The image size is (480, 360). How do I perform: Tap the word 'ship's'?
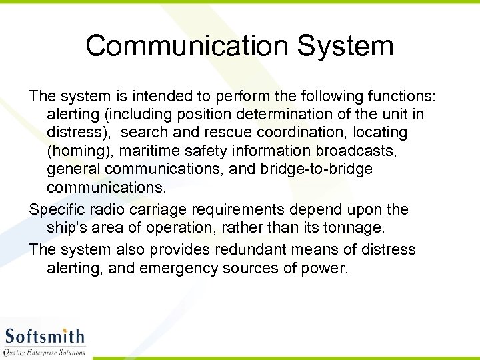[69, 228]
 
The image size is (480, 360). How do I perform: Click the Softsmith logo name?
[45, 337]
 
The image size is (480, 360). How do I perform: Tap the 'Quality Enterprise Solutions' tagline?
[45, 351]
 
